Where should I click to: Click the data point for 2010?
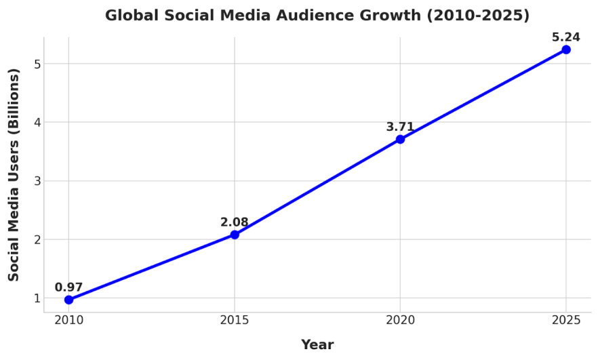click(x=68, y=300)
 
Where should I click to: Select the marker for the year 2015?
click(x=235, y=235)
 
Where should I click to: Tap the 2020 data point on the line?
click(x=400, y=139)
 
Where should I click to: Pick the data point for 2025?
click(x=566, y=49)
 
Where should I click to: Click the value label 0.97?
click(x=68, y=287)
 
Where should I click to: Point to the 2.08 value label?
click(x=235, y=222)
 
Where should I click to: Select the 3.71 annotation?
click(x=400, y=127)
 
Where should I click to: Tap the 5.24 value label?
click(x=566, y=37)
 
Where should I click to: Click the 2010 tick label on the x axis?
click(x=68, y=320)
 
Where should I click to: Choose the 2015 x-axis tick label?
click(x=235, y=320)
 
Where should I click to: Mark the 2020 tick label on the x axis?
click(x=400, y=320)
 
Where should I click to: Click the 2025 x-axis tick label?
click(x=566, y=320)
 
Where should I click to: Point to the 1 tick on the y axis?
click(x=37, y=298)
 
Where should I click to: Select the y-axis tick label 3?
click(x=37, y=181)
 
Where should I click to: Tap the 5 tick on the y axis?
click(x=37, y=64)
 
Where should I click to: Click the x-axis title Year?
click(x=317, y=345)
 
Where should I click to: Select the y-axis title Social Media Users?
click(x=14, y=174)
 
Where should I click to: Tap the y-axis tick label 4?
click(x=37, y=123)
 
